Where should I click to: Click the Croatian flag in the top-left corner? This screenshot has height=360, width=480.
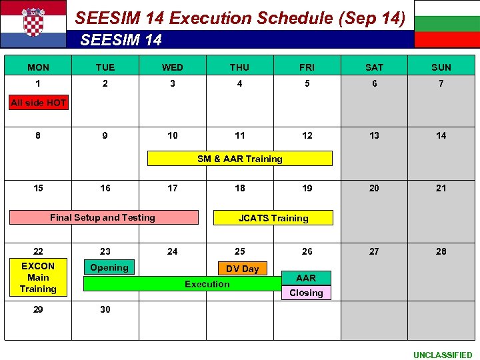coord(33,23)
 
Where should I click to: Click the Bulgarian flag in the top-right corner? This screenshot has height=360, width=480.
coord(447,23)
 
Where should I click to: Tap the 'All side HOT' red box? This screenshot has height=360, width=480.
coord(38,103)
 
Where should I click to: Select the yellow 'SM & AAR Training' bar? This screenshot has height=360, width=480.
coord(239,159)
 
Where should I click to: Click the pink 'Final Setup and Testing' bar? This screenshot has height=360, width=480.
coord(103,217)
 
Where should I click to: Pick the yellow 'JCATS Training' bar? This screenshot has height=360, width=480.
coord(273,218)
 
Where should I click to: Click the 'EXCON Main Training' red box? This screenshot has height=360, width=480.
coord(38,277)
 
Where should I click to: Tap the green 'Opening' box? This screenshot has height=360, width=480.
coord(109,267)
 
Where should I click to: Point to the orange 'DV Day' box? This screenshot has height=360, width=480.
coord(242,269)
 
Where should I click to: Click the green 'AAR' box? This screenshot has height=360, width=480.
coord(306,278)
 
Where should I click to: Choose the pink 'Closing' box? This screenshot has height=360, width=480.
coord(306,293)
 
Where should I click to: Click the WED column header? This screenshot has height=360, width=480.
coord(173,67)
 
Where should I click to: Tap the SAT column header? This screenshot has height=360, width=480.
coord(375,67)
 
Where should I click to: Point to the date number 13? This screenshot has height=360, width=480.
coord(375,135)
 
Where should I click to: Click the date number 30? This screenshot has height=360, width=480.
coord(105,309)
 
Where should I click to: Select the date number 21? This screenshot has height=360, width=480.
coord(441,188)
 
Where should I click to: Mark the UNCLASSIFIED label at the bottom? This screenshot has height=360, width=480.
coord(442,355)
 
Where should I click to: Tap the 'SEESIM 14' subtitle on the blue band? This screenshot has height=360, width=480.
coord(121,40)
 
